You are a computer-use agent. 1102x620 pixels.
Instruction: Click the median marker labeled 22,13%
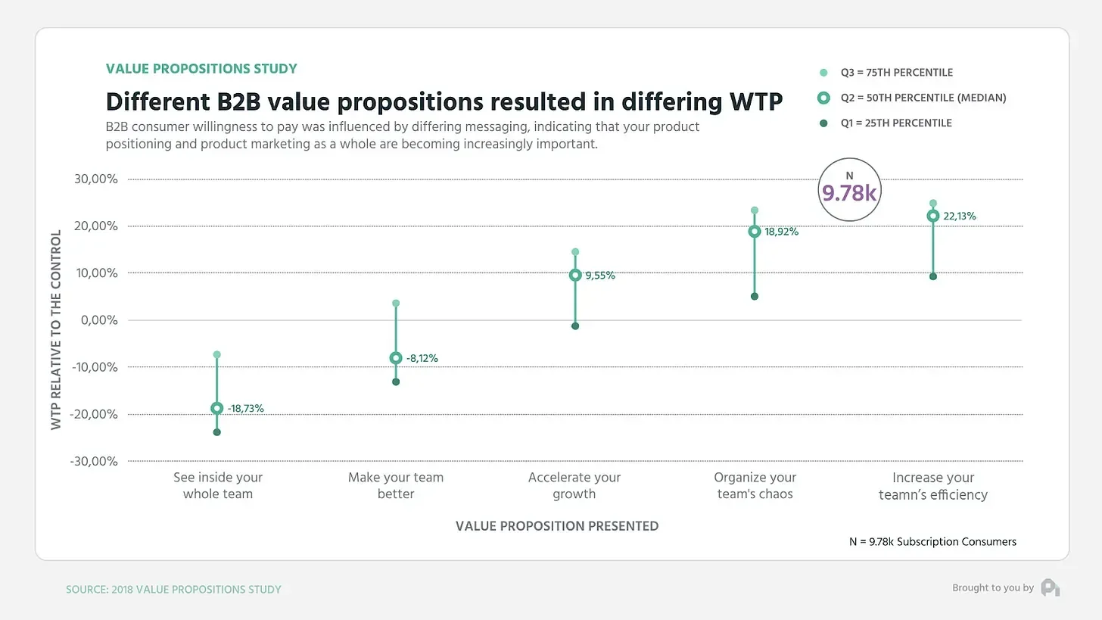[932, 216]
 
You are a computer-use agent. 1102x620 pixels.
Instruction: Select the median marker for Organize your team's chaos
[755, 232]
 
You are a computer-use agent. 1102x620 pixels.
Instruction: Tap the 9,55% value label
[599, 276]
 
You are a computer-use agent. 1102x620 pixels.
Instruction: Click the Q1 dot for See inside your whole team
[217, 432]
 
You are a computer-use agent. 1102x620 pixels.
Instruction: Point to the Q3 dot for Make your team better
[396, 304]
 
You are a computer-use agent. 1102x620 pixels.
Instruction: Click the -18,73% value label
[245, 409]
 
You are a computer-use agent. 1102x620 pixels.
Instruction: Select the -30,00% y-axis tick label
[94, 461]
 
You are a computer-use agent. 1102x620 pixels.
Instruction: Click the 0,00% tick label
[99, 320]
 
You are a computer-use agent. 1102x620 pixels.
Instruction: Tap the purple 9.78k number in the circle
[849, 194]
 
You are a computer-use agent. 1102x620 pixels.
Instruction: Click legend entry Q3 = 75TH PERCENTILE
[896, 73]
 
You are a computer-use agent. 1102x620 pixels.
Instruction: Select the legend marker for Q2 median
[824, 98]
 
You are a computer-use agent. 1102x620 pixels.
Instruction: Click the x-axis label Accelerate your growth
[574, 486]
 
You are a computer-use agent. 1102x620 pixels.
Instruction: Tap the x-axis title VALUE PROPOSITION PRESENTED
[557, 526]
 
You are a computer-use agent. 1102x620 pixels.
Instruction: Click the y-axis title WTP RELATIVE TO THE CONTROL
[56, 330]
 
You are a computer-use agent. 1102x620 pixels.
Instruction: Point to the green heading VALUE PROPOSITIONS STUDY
[201, 69]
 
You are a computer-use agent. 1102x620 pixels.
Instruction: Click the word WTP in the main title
[754, 101]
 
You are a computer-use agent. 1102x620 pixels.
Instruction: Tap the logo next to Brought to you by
[1050, 587]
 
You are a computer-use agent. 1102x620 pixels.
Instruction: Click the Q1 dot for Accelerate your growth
[575, 326]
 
